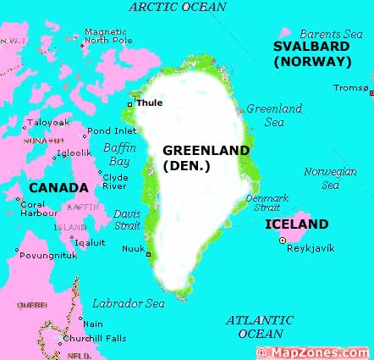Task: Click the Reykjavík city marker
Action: tap(283, 241)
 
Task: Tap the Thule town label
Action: tap(150, 102)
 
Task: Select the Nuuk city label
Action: tap(133, 248)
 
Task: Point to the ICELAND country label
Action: tap(296, 224)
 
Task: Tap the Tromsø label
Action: tap(351, 87)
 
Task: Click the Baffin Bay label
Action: tap(119, 153)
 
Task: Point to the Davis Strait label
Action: tap(127, 219)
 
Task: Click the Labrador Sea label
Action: tap(129, 303)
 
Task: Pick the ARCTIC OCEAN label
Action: tap(178, 8)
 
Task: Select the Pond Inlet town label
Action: tap(111, 130)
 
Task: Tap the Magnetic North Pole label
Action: tap(107, 36)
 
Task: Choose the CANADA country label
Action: tap(58, 187)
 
